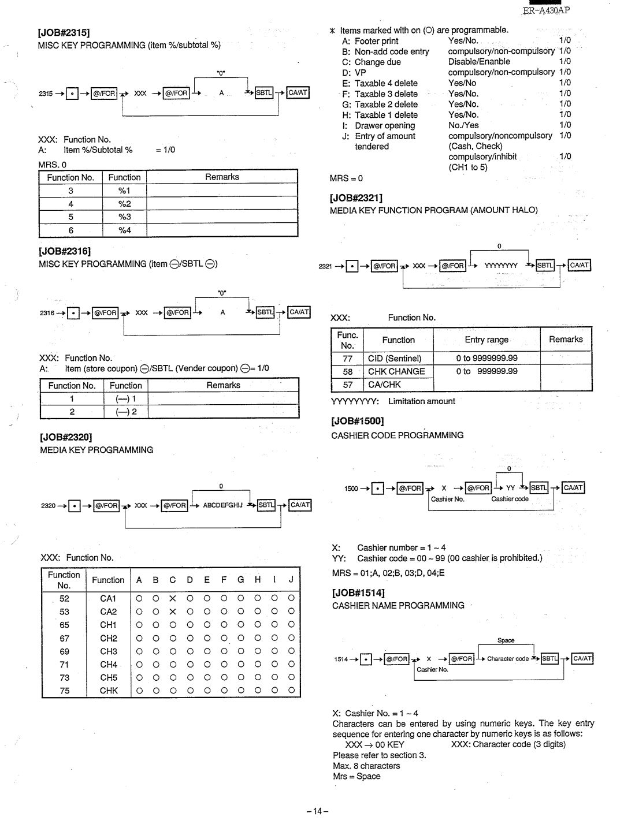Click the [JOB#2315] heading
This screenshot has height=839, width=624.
64,33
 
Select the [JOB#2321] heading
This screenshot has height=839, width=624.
356,198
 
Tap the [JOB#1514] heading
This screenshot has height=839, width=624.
358,592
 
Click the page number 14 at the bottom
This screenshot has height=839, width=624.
317,811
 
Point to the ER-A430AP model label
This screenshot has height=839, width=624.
546,10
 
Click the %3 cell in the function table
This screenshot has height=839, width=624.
124,217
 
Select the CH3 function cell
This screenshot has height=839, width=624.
109,651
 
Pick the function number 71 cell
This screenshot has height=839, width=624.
64,665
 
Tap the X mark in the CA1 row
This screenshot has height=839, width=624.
172,599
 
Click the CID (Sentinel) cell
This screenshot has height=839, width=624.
395,359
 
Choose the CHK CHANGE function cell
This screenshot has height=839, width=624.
396,371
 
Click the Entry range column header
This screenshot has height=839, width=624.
486,340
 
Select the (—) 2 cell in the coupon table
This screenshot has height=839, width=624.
126,412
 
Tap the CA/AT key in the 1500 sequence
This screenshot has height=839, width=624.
573,488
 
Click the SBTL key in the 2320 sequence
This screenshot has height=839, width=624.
266,505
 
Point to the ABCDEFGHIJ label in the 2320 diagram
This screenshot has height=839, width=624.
222,505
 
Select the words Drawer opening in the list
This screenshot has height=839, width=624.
385,125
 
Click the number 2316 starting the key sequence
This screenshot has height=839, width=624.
47,313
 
